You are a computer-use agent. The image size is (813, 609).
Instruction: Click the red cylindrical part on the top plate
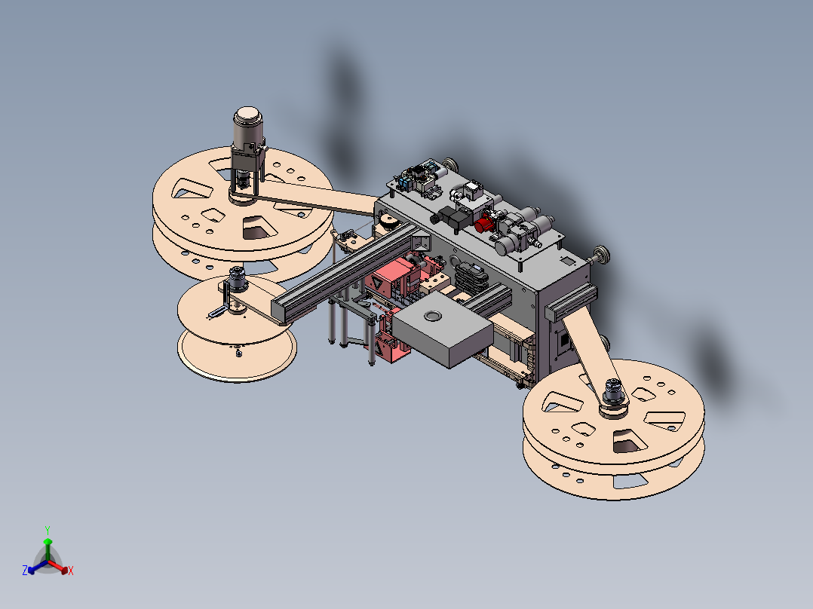click(x=484, y=225)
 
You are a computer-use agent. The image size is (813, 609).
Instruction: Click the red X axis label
click(x=71, y=571)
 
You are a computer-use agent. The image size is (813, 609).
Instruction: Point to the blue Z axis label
click(x=24, y=570)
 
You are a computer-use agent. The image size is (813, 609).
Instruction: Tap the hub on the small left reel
click(x=237, y=279)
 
